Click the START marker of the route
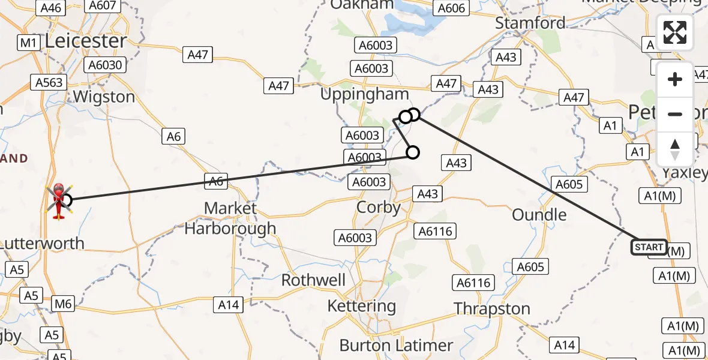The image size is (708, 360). tap(649, 247)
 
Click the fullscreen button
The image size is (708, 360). tap(675, 33)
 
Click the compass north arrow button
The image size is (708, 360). tap(675, 149)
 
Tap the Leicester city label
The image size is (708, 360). tap(86, 41)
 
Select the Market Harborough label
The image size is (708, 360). tap(230, 218)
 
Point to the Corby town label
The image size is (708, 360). tap(379, 208)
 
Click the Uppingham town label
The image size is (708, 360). tap(364, 94)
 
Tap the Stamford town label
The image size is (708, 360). tap(530, 23)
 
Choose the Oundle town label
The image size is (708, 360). tap(539, 215)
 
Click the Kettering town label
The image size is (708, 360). tap(362, 307)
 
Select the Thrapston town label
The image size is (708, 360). tap(492, 309)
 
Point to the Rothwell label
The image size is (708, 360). tap(314, 280)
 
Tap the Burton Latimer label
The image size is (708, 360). tap(396, 346)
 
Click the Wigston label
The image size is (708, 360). tap(104, 97)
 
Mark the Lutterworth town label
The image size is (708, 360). tap(42, 244)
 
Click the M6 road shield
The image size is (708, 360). tap(63, 304)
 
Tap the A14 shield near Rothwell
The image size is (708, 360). tap(228, 305)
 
